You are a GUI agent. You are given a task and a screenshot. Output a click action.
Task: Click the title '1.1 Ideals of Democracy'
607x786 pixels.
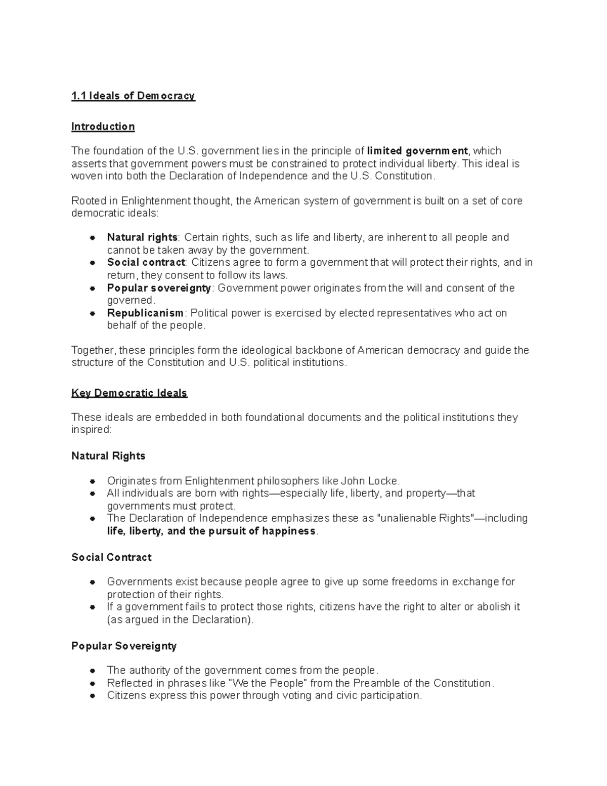[133, 96]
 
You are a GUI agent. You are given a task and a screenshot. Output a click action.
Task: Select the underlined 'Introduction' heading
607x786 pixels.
[103, 127]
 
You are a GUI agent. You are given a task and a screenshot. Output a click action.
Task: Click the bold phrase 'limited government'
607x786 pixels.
[417, 151]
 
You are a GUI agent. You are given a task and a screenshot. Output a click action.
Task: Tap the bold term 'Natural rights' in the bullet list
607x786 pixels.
[142, 237]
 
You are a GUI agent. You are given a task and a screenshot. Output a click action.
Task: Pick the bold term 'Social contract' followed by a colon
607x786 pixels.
[146, 262]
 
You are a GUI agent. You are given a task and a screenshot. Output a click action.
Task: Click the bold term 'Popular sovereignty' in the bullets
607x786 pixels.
[159, 288]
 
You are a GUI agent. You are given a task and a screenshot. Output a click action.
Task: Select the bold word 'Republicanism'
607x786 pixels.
[145, 313]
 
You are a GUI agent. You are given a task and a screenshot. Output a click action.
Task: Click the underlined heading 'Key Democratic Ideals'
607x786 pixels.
[129, 393]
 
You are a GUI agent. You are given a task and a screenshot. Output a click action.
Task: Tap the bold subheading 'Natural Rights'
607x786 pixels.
[108, 456]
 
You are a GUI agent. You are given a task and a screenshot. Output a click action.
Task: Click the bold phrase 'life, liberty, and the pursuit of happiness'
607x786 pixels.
[211, 531]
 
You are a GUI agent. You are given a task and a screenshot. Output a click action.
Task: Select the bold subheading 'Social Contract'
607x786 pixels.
[111, 557]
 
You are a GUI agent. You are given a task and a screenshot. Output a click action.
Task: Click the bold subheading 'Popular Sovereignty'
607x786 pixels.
[124, 646]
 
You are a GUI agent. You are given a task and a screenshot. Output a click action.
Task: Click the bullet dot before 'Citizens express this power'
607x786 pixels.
[92, 696]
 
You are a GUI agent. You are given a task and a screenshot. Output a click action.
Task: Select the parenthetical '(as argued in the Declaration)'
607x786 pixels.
[180, 619]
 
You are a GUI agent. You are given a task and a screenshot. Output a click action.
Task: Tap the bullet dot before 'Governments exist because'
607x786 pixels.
[92, 582]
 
